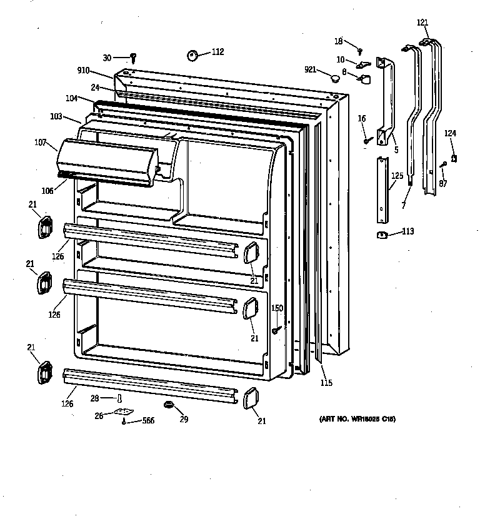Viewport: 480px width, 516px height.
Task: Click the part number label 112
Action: point(217,52)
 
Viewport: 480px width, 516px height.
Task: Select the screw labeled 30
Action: point(133,58)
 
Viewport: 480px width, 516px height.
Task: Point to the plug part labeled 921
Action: point(336,78)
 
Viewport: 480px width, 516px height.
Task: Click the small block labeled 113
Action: point(381,235)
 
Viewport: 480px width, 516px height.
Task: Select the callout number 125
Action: point(397,177)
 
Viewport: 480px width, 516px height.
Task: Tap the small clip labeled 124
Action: point(454,158)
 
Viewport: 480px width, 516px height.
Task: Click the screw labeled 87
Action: point(443,164)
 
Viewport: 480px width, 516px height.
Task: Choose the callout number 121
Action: point(422,23)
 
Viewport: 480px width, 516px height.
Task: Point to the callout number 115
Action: point(326,383)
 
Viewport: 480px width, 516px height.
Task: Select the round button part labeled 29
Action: point(167,406)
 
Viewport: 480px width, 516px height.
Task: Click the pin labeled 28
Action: point(119,398)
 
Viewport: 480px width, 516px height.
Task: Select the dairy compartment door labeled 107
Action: point(106,162)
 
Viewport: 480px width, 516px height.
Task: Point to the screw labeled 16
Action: point(367,138)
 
